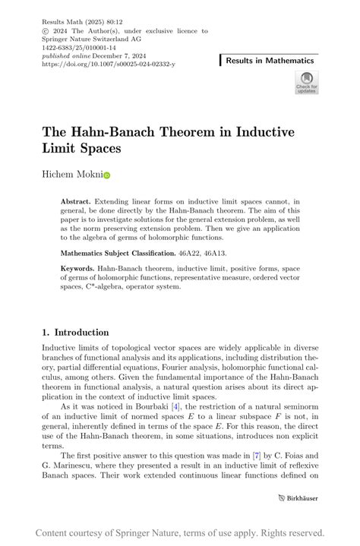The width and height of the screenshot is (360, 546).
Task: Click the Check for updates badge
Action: click(x=307, y=82)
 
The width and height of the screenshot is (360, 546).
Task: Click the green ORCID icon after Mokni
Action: click(x=107, y=175)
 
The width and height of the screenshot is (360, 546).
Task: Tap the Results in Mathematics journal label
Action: click(x=270, y=60)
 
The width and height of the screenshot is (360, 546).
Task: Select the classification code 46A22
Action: click(x=189, y=251)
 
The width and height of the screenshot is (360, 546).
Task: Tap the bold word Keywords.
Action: click(x=78, y=269)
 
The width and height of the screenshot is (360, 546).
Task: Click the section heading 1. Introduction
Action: click(x=75, y=332)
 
